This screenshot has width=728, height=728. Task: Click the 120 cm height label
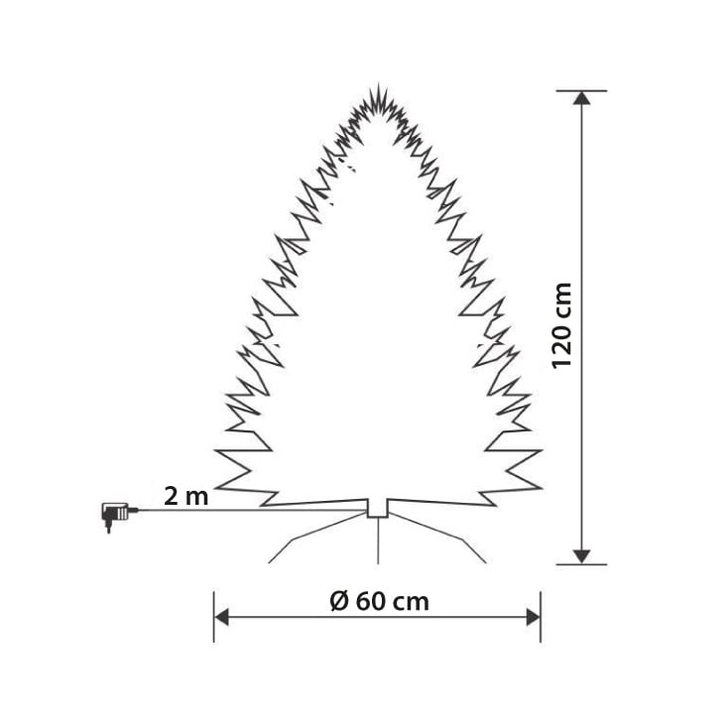562,325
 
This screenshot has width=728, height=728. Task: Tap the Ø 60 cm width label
378,601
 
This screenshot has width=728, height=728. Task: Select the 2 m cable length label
185,496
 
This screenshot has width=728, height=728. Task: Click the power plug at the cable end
113,514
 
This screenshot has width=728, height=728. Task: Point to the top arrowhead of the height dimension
582,97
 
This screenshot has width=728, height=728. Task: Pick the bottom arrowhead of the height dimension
582,556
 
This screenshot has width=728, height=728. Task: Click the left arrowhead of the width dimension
222,618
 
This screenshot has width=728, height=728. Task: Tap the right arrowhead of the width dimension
533,618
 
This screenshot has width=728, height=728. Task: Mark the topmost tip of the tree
378,87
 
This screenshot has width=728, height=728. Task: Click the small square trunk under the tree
378,508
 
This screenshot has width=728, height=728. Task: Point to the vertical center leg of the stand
378,541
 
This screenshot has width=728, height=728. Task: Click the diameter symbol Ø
337,601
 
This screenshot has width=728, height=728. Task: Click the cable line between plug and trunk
248,511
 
